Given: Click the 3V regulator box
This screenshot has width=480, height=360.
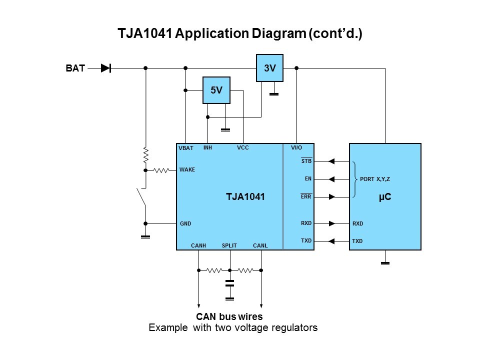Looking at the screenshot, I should coord(269,68).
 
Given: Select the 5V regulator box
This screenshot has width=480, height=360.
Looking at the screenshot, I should coord(216,90).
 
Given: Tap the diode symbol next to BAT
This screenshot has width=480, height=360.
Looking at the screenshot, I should coord(105,68).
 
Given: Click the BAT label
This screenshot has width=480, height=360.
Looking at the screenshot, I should coord(75,68).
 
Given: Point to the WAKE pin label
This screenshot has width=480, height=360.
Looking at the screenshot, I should coord(187,170).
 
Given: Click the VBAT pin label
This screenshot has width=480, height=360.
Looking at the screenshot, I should coord(186,148).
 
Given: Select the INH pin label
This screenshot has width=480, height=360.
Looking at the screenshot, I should coord(208,148).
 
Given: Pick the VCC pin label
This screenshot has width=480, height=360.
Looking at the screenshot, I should coord(242,148).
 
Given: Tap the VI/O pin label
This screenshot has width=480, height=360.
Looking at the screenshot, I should coord(297,148).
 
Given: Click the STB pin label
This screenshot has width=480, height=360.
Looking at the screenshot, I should coord(306,161).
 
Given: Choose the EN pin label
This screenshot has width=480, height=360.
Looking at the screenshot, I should coord(308,178).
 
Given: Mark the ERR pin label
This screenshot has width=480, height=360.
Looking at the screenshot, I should coord(306,196).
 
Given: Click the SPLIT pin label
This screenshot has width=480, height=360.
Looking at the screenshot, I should coord(229,245).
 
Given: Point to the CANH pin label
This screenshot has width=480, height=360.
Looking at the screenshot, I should coord(198,245).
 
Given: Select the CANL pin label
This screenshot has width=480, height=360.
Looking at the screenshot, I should coord(260,245).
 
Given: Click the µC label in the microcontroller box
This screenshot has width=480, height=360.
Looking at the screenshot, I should coord(384,197).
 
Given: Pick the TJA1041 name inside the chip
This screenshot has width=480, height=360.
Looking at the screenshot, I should coord(245,197).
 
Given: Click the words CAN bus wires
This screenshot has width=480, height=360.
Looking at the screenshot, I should coord(229,316).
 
